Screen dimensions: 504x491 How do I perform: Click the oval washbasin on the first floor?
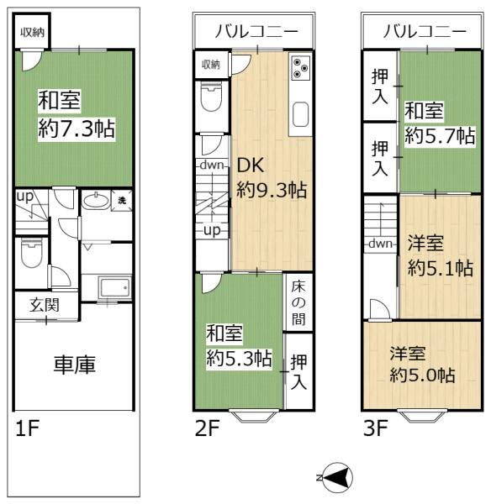coord(94,202)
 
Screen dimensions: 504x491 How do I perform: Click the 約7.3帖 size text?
coord(77,129)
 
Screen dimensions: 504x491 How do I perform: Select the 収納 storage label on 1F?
coord(34,34)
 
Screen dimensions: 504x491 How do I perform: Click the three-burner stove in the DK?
coord(300,68)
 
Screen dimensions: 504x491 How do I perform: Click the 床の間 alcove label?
coord(298,302)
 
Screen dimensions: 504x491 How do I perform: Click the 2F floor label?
coord(208,430)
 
